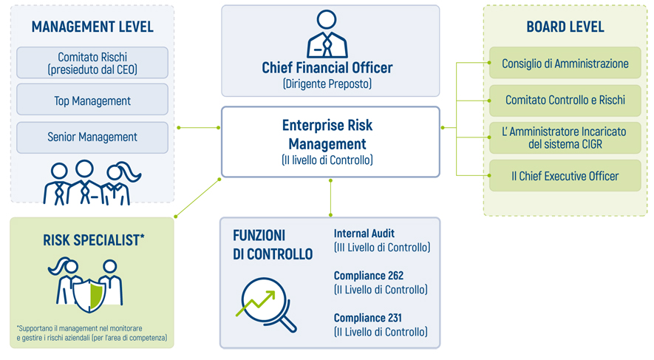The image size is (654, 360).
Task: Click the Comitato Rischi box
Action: coord(92,63)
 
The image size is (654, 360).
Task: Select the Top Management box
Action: coord(92,99)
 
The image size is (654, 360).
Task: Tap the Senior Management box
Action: coord(92,137)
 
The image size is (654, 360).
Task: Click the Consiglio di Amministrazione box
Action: coord(565,63)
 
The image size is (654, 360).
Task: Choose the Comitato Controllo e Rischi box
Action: coord(565,100)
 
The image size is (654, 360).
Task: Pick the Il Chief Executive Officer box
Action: coord(565,176)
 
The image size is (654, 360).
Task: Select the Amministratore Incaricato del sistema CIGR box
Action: coord(565,137)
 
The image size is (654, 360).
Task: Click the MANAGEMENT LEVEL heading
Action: coord(92,27)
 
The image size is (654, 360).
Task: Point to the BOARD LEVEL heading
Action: coord(565,27)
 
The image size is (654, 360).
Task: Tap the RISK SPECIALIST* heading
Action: coord(94,240)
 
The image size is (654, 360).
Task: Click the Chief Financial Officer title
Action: coord(327,67)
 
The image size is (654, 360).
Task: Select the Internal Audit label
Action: coord(364,234)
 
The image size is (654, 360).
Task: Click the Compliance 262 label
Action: coord(369,276)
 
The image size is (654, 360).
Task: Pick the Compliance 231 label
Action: coord(367,318)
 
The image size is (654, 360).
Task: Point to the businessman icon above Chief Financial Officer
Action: coord(327,34)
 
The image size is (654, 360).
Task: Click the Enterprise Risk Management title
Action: coord(327,135)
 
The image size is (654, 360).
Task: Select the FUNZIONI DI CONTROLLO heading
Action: coord(273,245)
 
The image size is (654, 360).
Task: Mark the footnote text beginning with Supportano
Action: coord(92,333)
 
